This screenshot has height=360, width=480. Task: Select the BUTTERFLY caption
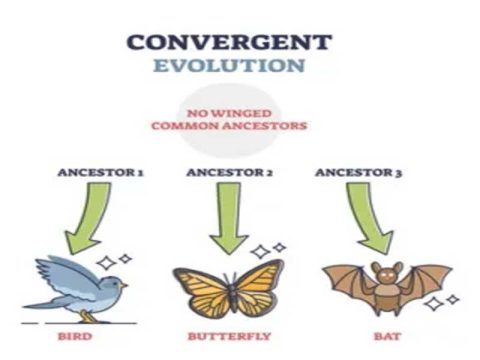(227, 336)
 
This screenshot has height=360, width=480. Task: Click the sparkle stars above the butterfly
(268, 249)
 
